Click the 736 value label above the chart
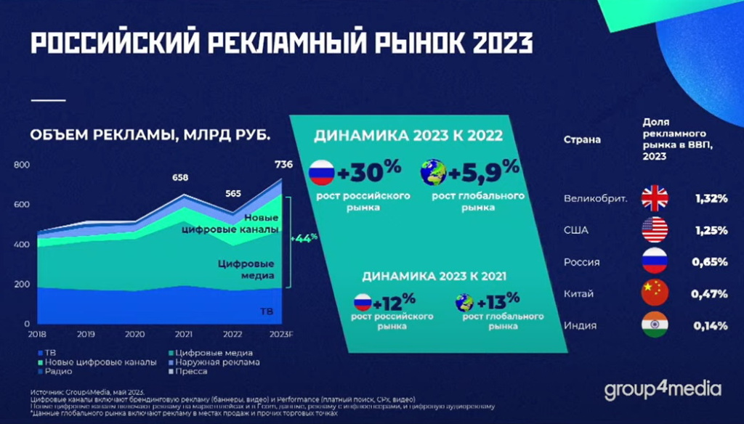coord(283,165)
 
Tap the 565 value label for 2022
coord(232,193)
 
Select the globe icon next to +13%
coord(465,302)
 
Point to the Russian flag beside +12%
coord(363,302)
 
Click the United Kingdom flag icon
coord(654,198)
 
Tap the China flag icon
coord(654,293)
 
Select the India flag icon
coord(654,325)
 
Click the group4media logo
coord(662,390)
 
